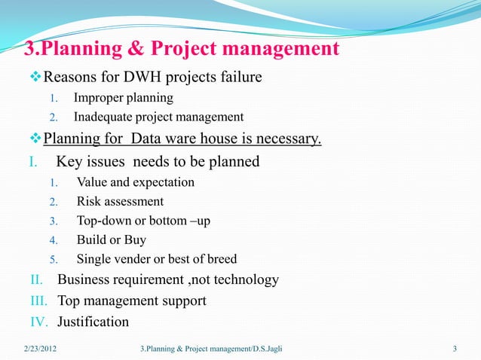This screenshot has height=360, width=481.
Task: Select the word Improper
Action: (x=98, y=98)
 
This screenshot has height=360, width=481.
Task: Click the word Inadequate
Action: (x=105, y=117)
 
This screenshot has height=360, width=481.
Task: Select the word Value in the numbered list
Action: (x=92, y=182)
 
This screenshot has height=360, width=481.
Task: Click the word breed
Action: (x=220, y=260)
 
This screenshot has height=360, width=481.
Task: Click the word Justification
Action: (x=93, y=322)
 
